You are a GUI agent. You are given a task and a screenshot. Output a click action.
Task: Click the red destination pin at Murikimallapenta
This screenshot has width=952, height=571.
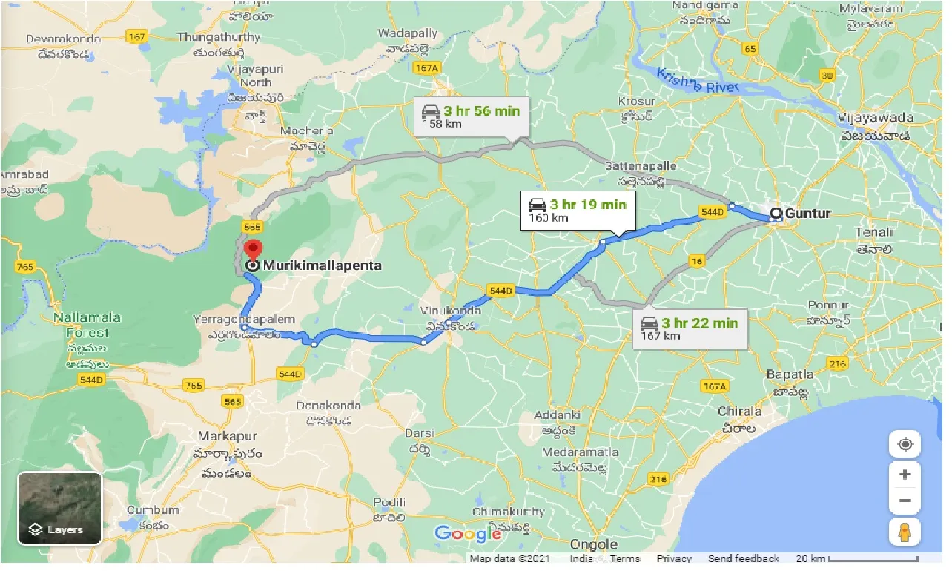pos(254,250)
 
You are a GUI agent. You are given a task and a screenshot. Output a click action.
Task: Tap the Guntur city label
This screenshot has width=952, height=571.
pos(807,214)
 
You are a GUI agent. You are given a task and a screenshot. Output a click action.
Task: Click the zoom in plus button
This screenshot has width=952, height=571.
pos(905,474)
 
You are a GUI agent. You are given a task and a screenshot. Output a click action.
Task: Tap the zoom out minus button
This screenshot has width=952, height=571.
pos(905,501)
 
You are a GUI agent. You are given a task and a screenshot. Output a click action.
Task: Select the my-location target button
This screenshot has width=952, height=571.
pos(905,444)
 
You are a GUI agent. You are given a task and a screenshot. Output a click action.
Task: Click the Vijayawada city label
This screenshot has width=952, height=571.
pos(877,118)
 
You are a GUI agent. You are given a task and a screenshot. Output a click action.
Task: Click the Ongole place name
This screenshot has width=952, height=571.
pos(595,545)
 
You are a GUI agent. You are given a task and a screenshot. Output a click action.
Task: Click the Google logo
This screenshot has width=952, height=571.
pos(468,534)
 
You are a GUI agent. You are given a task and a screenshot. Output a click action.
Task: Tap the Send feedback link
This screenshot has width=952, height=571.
pos(743,558)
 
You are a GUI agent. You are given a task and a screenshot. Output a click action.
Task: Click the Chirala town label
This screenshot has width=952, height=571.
pos(739,412)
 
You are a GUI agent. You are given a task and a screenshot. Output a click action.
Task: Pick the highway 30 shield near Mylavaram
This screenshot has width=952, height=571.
pos(828,75)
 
